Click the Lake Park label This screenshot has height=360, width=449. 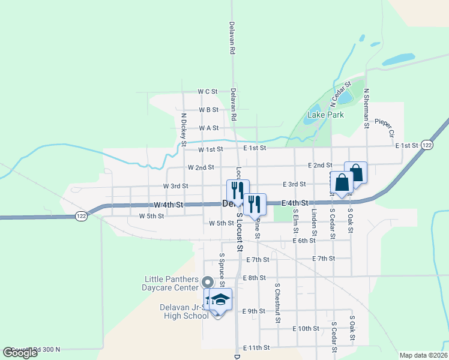[x=325, y=115]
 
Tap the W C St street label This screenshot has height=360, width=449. [x=207, y=92]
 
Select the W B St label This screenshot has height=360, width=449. [x=208, y=110]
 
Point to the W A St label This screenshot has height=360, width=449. [x=208, y=128]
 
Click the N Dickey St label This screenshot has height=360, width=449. [x=184, y=129]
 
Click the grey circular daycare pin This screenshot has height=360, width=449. [x=208, y=281]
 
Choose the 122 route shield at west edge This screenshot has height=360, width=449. [x=82, y=216]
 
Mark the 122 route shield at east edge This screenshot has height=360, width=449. [x=426, y=145]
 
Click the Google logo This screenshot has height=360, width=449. [x=20, y=353]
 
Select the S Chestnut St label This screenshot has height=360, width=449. [x=277, y=302]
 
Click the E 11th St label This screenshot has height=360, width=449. [x=257, y=348]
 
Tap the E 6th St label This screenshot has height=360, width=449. [x=304, y=241]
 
